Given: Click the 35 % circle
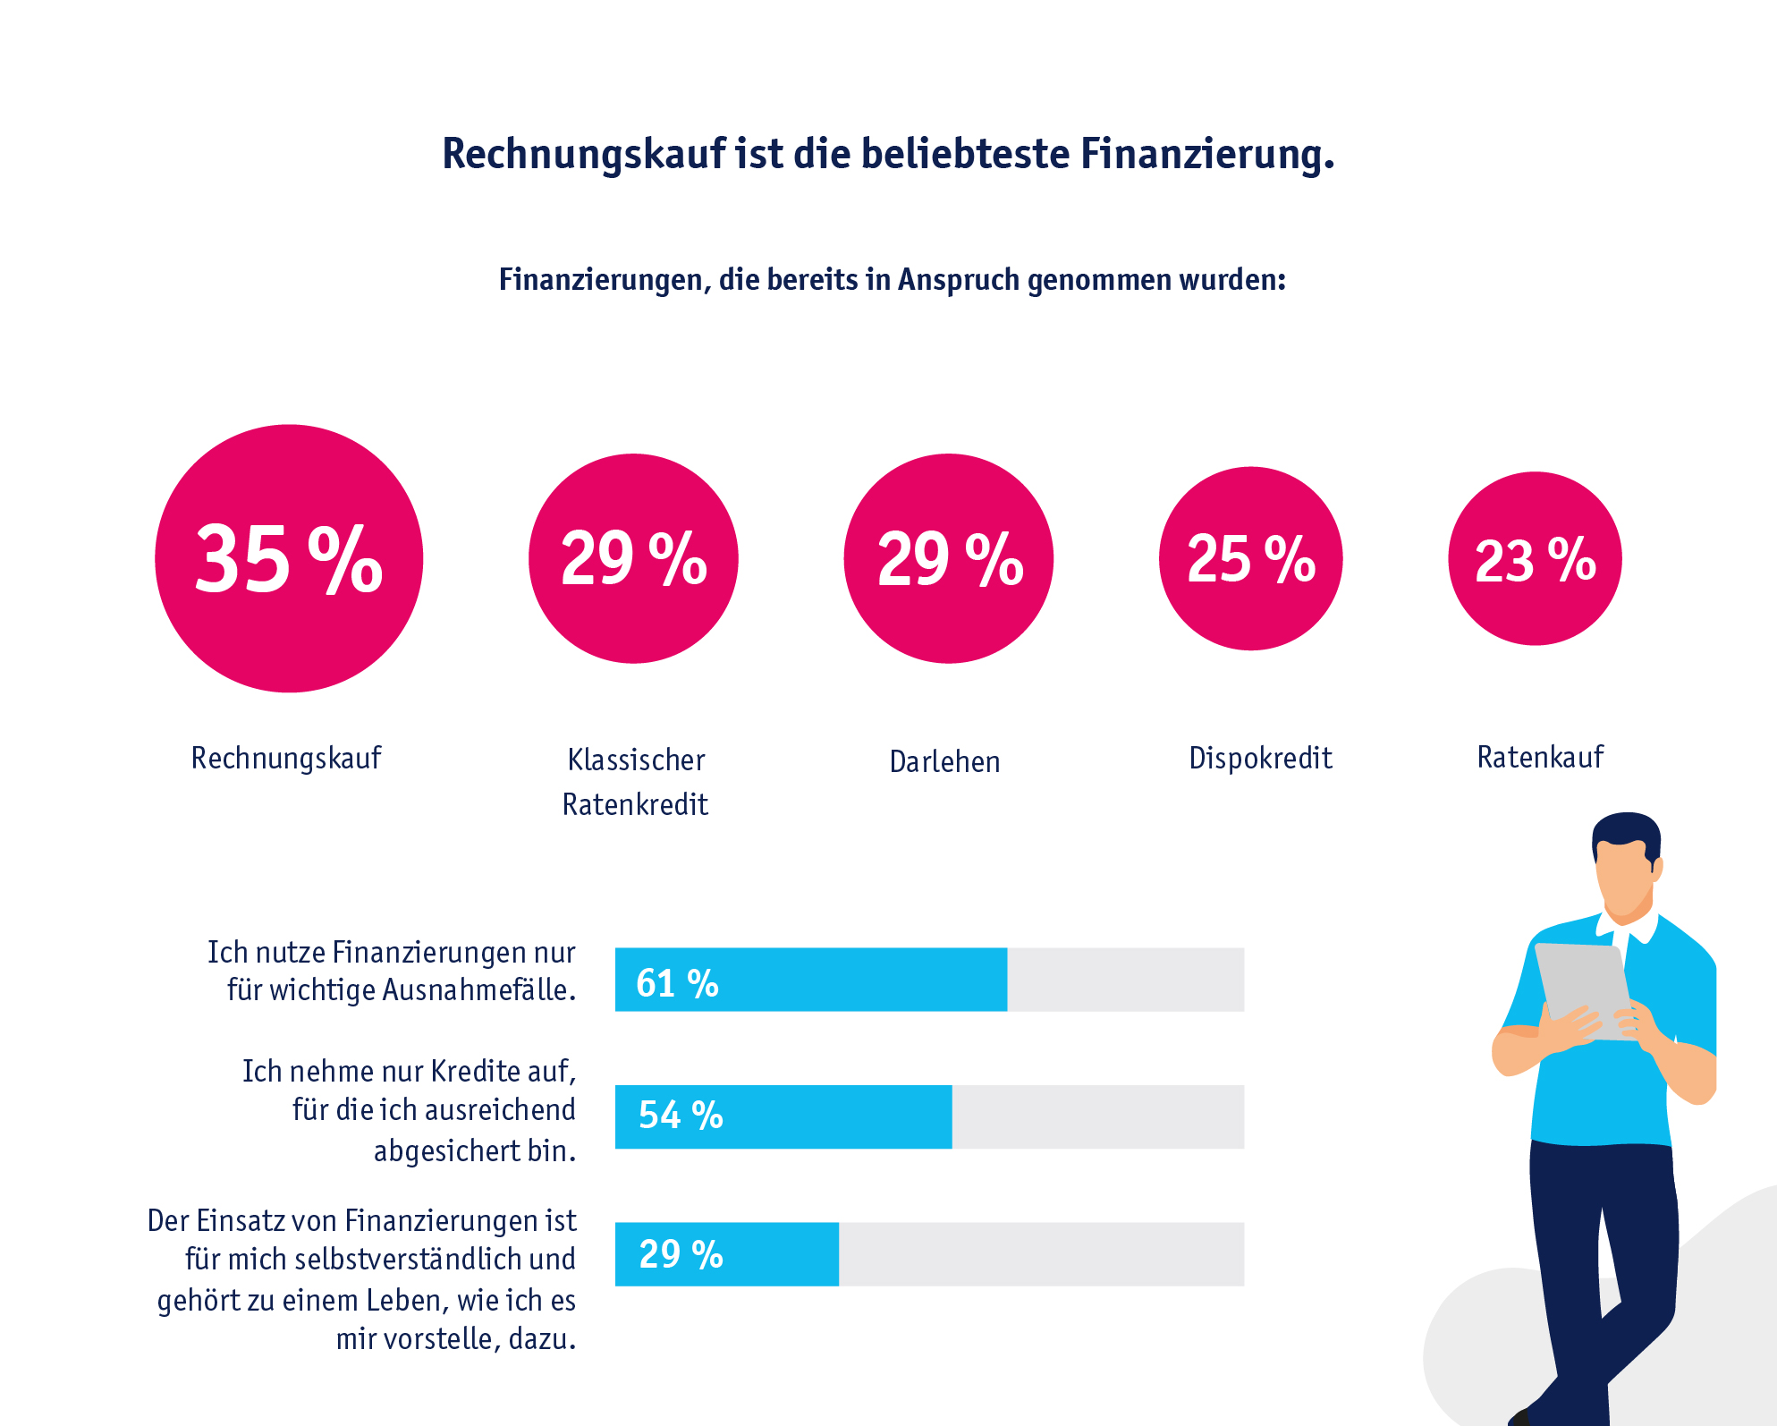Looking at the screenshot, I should pyautogui.click(x=289, y=558).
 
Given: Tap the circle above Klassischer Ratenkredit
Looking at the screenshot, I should pyautogui.click(x=633, y=558).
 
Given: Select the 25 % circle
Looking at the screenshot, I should pyautogui.click(x=1250, y=558).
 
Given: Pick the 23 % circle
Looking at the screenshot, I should pyautogui.click(x=1535, y=558).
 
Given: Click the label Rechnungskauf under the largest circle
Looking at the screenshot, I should pyautogui.click(x=286, y=759).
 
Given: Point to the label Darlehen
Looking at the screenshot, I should pyautogui.click(x=944, y=761).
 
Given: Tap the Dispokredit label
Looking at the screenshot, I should pyautogui.click(x=1260, y=759).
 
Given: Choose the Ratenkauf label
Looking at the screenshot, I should pyautogui.click(x=1540, y=758).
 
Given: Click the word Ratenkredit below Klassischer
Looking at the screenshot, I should pyautogui.click(x=635, y=805).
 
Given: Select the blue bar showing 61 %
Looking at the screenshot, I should pyautogui.click(x=809, y=980).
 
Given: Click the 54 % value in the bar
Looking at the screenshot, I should pyautogui.click(x=681, y=1116).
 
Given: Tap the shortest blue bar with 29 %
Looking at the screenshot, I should pyautogui.click(x=726, y=1254).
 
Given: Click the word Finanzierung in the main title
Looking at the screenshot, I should pyautogui.click(x=1206, y=154).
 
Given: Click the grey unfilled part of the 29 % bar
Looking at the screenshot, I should pyautogui.click(x=1041, y=1254).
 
